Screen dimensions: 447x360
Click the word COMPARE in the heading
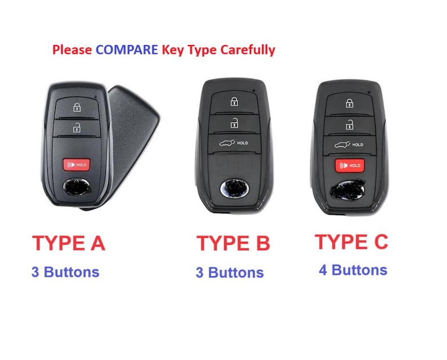(127, 49)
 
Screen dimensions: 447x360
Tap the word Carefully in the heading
(248, 50)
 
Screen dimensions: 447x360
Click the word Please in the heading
(72, 49)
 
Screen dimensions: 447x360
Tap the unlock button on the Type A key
(77, 128)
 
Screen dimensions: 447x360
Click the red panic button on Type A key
(77, 165)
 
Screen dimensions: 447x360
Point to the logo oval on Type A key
(77, 188)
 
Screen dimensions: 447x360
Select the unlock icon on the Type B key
(234, 123)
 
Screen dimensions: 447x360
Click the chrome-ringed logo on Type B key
(234, 188)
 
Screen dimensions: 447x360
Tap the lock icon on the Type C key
(349, 103)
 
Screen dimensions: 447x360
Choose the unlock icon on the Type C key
(350, 125)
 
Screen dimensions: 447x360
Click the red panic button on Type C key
(350, 165)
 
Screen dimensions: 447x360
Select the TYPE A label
(69, 243)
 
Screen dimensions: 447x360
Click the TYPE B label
(233, 243)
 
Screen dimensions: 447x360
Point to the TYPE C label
(351, 242)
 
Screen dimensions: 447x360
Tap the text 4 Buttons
(353, 270)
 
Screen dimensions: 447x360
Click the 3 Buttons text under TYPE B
(230, 272)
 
